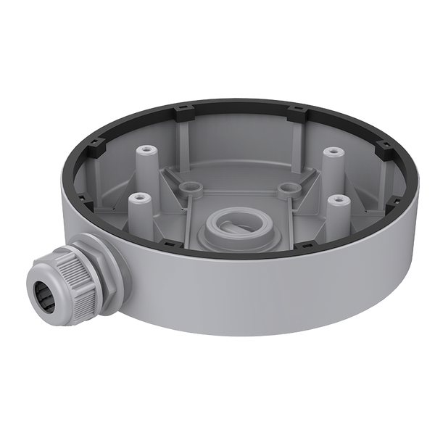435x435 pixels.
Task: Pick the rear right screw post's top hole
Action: pyautogui.click(x=332, y=152)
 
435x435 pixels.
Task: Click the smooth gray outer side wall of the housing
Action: pyautogui.click(x=290, y=319)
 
